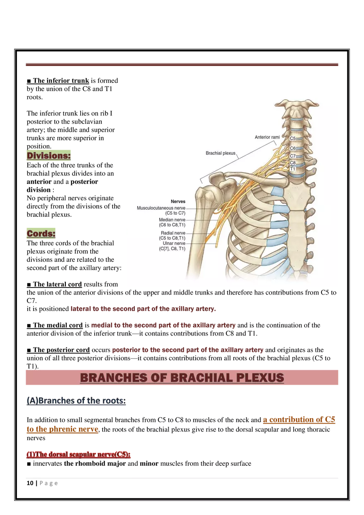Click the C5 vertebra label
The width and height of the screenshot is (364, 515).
coord(292,139)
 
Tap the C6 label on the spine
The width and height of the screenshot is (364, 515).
coord(292,148)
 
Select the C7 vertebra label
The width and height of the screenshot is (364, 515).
coord(292,156)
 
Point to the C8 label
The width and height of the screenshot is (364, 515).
coord(292,163)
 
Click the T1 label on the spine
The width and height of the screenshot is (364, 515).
coord(292,169)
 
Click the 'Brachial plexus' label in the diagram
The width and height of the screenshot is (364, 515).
coord(220,153)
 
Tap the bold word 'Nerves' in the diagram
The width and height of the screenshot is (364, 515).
coord(178,201)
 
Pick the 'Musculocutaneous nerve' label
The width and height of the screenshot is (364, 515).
coord(161,208)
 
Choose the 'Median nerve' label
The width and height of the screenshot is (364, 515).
coord(172,220)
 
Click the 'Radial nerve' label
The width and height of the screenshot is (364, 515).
coord(173,233)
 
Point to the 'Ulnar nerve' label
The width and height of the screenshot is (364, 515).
coord(174,244)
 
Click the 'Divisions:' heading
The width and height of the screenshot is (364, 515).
coord(49,156)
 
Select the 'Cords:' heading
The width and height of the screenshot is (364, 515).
coord(41,233)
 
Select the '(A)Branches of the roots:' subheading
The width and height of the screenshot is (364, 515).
coord(76,401)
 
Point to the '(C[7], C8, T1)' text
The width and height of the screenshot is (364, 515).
coord(172,249)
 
